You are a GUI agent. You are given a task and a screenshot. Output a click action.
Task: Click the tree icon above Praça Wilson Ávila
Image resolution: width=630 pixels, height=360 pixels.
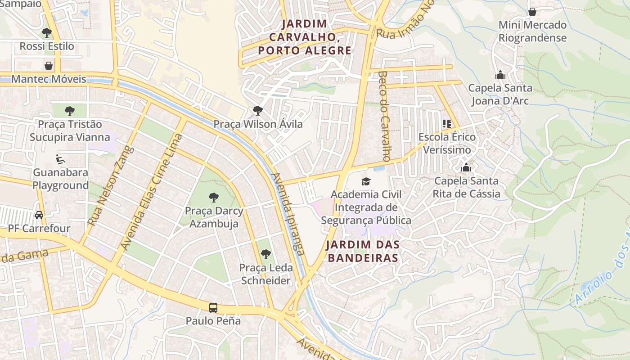(x=257, y=110)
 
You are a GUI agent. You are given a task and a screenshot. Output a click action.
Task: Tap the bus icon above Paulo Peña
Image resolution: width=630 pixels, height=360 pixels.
(x=213, y=308)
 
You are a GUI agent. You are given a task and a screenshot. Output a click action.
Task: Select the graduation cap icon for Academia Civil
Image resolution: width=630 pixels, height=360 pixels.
(x=366, y=181)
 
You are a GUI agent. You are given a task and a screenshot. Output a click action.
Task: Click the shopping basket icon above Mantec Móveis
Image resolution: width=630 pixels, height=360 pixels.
(x=49, y=66)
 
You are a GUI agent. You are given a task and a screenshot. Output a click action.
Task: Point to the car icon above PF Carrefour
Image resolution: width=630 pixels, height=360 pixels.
(x=39, y=215)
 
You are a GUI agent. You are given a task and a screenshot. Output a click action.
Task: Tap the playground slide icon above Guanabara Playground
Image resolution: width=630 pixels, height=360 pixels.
(x=60, y=159)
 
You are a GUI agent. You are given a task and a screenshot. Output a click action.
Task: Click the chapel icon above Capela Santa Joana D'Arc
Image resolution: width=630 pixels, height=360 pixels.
(x=500, y=75)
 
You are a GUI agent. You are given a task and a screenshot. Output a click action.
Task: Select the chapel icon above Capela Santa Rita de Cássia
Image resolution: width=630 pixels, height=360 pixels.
(x=466, y=168)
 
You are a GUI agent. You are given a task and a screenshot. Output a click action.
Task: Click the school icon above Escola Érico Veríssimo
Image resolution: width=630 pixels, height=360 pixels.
(x=446, y=123)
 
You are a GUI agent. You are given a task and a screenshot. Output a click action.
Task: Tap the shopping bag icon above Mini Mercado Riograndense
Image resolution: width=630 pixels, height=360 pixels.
(x=532, y=12)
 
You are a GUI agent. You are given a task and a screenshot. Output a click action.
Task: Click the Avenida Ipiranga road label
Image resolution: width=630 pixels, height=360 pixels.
(x=288, y=214)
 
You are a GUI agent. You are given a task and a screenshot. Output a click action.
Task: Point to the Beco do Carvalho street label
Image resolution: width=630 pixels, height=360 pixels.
(x=384, y=116)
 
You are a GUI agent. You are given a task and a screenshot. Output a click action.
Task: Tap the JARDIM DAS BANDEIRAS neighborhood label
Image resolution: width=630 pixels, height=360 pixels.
(x=363, y=251)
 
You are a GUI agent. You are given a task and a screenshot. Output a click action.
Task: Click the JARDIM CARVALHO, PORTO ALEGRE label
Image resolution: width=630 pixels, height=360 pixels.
(x=305, y=37)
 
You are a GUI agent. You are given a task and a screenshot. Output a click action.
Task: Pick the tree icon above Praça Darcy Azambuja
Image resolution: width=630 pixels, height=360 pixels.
(x=214, y=197)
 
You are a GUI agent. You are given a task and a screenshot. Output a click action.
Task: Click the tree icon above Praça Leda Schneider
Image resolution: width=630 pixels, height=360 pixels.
(x=266, y=254)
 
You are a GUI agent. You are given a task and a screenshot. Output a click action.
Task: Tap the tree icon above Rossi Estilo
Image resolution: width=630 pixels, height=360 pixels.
(x=46, y=33)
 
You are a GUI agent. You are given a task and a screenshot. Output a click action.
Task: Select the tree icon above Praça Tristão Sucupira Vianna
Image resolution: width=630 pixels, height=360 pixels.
(x=70, y=111)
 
